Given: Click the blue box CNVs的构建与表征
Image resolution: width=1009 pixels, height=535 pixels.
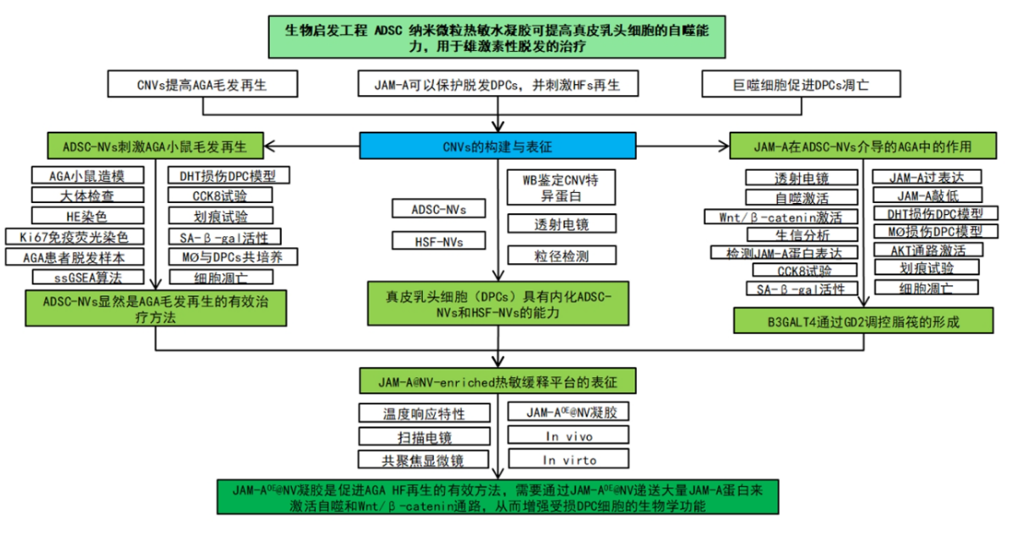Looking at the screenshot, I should pos(498,146).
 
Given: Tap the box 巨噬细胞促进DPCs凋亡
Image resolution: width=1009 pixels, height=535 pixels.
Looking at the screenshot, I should pos(799,85).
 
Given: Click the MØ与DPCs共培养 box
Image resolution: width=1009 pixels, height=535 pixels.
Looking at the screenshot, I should pos(226,256).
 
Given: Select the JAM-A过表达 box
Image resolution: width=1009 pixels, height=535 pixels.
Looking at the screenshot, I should pos(928,177).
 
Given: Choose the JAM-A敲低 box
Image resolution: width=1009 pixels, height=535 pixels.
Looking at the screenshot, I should pos(928,195).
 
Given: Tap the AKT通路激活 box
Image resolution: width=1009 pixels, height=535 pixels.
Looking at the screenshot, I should pos(928,250).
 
